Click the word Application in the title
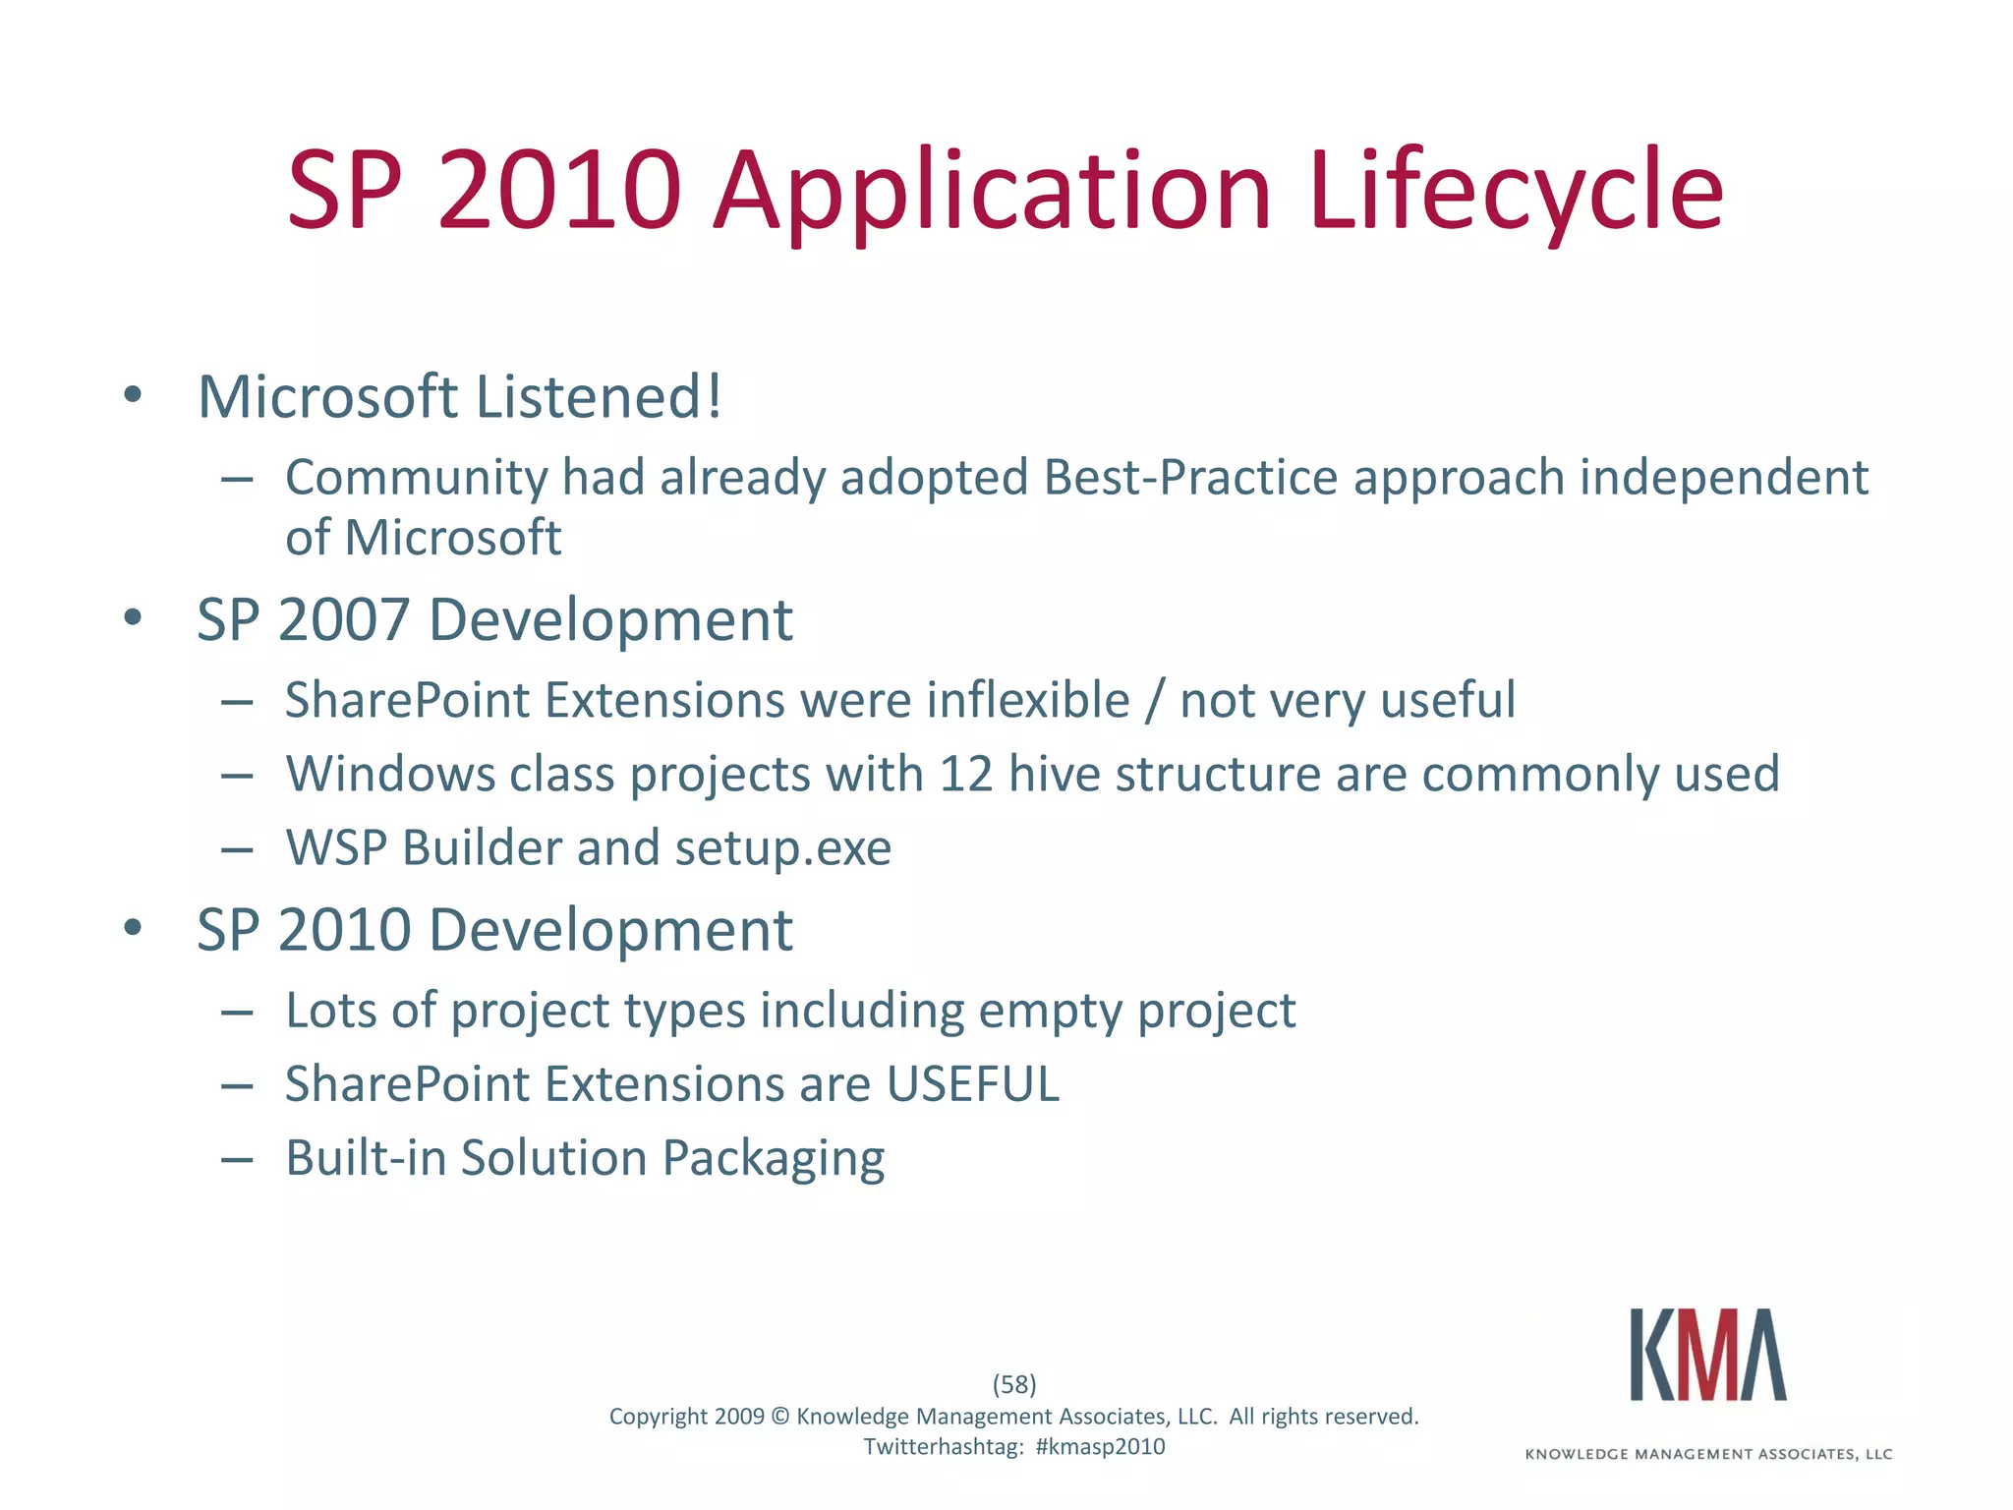(x=992, y=192)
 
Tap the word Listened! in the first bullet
(x=599, y=397)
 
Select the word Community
(x=416, y=478)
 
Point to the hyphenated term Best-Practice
(x=1190, y=478)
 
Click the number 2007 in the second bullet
(x=343, y=620)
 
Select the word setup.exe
(x=782, y=847)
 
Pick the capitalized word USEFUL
(x=972, y=1084)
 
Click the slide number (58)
(x=1014, y=1384)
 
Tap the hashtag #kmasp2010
(x=1100, y=1447)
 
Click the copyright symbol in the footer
(x=779, y=1417)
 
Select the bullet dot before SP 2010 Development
(x=134, y=928)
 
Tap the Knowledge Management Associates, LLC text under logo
(x=1708, y=1454)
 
